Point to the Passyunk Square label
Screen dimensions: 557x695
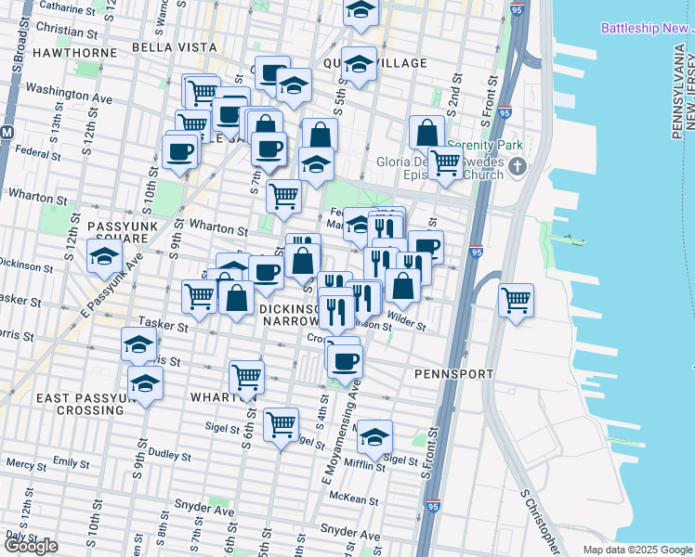pos(125,232)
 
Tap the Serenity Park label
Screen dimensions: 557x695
pos(485,145)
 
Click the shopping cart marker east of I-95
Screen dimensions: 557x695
pos(516,300)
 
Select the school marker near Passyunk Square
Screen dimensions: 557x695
pos(105,255)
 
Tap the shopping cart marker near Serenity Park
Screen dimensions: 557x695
pos(445,162)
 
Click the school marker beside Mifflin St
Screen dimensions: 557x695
pos(374,437)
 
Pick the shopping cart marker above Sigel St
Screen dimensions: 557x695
pos(281,424)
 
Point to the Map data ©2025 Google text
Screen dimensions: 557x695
pos(636,550)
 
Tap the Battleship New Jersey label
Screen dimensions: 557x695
pos(648,28)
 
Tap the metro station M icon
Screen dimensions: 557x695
pos(7,132)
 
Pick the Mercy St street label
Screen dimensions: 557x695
pos(26,463)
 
